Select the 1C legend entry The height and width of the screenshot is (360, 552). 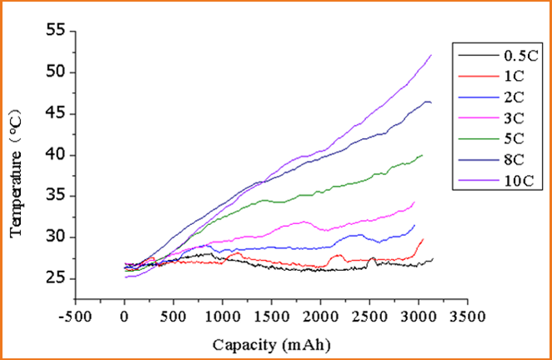pyautogui.click(x=512, y=75)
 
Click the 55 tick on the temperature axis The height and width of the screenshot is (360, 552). pyautogui.click(x=55, y=32)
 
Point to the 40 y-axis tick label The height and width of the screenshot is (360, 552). pyautogui.click(x=55, y=155)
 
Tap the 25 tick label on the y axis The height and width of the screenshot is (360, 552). pyautogui.click(x=55, y=278)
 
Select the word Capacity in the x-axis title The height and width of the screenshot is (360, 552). pyautogui.click(x=242, y=343)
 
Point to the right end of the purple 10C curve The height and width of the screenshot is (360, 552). pyautogui.click(x=431, y=55)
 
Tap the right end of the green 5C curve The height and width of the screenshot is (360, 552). pyautogui.click(x=423, y=155)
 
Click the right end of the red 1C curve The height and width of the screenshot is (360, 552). pyautogui.click(x=424, y=238)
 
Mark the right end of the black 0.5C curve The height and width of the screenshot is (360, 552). pyautogui.click(x=433, y=259)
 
